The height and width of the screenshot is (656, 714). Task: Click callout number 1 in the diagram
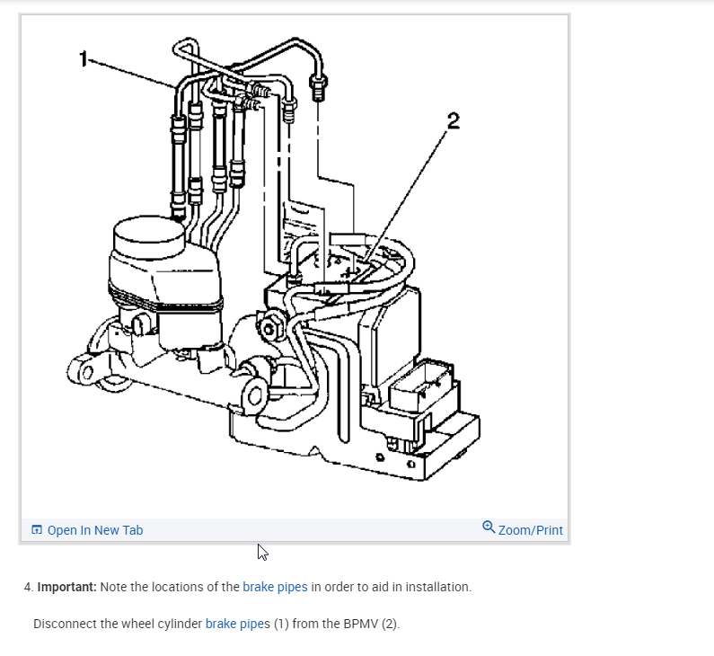pos(84,58)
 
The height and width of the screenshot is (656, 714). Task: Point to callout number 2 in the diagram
pos(454,121)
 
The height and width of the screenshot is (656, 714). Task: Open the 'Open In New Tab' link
pos(94,530)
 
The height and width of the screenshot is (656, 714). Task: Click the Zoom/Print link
pos(530,530)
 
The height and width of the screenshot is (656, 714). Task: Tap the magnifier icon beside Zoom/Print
pos(488,527)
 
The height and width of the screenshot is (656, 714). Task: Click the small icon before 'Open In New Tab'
pos(37,530)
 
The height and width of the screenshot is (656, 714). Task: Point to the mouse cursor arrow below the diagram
pos(261,552)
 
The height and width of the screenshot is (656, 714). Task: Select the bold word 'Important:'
pos(66,587)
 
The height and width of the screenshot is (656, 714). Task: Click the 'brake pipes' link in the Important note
pos(275,587)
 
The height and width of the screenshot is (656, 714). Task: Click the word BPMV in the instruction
pos(361,624)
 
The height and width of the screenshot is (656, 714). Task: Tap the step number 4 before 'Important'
pos(28,587)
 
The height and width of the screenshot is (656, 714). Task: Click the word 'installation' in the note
pos(437,587)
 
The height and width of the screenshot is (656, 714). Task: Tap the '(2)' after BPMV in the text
pos(389,624)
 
